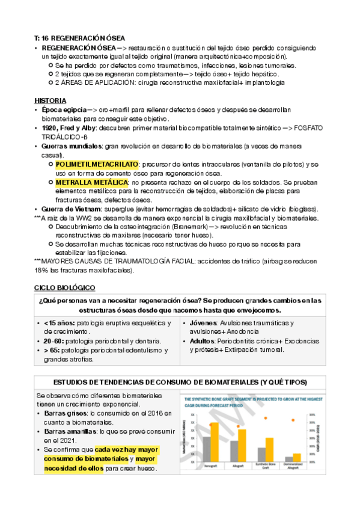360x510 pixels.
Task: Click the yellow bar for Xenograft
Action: [x=214, y=441]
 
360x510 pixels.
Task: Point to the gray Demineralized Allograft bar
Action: [x=287, y=459]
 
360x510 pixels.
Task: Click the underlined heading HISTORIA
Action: [x=50, y=100]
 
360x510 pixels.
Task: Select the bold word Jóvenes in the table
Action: [x=201, y=323]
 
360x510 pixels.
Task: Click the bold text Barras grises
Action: [x=61, y=413]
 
